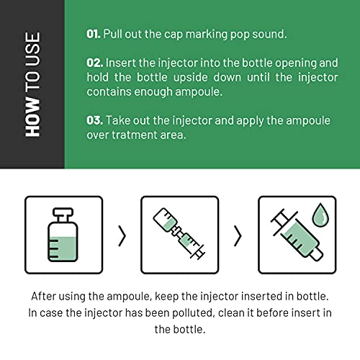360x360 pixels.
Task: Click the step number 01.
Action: coord(94,34)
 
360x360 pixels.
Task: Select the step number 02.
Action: coord(95,63)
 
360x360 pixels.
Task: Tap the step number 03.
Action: coord(95,120)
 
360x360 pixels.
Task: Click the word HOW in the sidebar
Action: coord(32,117)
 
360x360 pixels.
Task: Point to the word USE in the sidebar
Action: coord(32,50)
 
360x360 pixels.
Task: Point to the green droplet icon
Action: coord(320,215)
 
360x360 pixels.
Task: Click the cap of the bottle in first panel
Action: coord(63,212)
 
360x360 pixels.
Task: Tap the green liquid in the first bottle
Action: coord(63,248)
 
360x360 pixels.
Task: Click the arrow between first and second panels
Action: coord(122,235)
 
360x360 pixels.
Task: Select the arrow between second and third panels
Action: coord(238,235)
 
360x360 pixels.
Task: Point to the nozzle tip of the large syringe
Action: coord(317,254)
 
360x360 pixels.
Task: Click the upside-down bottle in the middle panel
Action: coord(166,220)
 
